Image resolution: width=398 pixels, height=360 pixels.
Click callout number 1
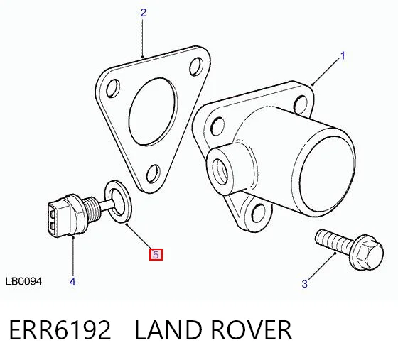tap(343, 56)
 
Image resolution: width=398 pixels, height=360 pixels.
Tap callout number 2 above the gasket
tap(144, 13)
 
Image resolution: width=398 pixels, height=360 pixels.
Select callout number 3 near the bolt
tap(305, 284)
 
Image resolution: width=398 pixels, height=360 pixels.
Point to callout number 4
tap(72, 281)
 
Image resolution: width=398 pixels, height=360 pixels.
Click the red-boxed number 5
tap(156, 254)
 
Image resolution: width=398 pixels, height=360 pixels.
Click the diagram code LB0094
tap(23, 281)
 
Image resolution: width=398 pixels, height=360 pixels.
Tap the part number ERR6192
tap(60, 330)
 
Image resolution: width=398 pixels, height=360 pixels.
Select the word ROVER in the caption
tap(252, 330)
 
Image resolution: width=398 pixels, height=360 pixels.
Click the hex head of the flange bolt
tap(369, 252)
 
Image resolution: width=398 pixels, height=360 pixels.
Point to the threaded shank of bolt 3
tap(335, 241)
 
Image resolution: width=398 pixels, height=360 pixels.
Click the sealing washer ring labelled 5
tap(119, 202)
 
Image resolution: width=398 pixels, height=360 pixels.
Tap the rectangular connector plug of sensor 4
tap(58, 218)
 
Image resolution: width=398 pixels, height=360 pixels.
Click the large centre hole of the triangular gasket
tap(153, 111)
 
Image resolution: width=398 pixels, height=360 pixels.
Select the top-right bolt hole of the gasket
tap(196, 67)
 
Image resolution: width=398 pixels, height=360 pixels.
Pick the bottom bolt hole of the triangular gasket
tap(154, 173)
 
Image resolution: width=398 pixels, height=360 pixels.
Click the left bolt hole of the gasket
tap(113, 88)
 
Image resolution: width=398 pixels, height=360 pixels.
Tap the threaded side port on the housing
tap(220, 171)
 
